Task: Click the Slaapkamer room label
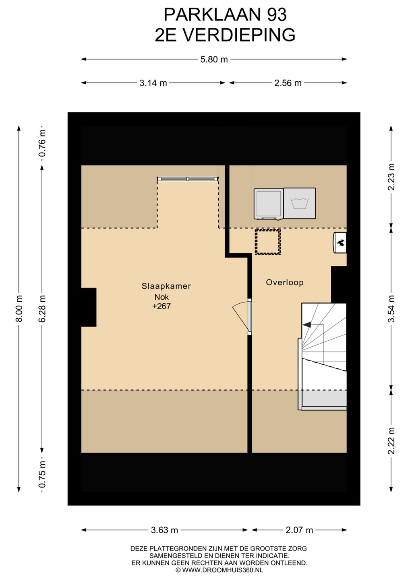pos(166,286)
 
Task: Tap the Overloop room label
pos(285,282)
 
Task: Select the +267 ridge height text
pos(162,306)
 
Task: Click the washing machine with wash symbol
pos(300,203)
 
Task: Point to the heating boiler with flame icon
pos(340,242)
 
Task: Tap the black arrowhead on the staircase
pos(307,325)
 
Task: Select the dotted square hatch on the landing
pos(268,242)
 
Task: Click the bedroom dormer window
pos(188,179)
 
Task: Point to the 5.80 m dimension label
pos(214,60)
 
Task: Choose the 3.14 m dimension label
pos(153,83)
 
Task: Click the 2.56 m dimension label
pos(288,83)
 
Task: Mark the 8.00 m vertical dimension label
pos(19,309)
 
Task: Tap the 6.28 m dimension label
pos(42,309)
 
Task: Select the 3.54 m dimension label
pos(391,309)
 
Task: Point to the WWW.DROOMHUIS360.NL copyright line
pos(219,570)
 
